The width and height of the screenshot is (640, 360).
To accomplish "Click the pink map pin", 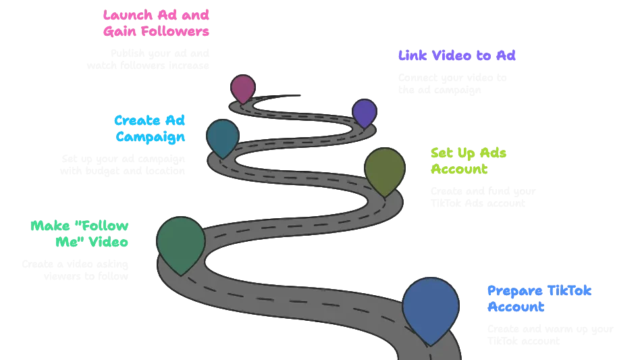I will tap(242, 88).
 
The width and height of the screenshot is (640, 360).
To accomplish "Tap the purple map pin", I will tap(364, 112).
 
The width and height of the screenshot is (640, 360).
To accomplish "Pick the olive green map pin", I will tap(384, 169).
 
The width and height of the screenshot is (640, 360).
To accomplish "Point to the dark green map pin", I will tap(181, 242).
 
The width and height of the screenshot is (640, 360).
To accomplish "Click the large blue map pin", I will tap(430, 307).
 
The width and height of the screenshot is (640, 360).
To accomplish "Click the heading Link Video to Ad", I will tap(457, 56).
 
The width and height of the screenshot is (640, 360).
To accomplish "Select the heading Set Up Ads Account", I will tap(469, 161).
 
